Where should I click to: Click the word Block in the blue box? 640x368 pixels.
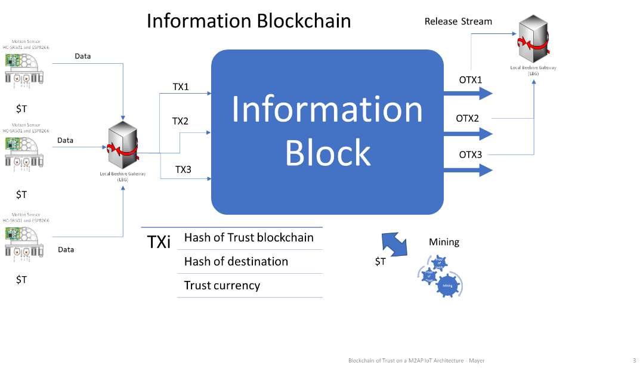[327, 152]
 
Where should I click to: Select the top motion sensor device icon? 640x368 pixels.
[24, 68]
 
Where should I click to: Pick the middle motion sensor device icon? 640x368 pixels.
[24, 150]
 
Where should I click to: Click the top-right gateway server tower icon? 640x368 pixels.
[533, 41]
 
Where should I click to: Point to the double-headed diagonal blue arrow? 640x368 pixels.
[394, 245]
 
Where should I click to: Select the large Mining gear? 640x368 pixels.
[449, 286]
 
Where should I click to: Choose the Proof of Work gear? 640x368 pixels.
[439, 262]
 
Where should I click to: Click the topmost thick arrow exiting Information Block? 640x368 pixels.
[469, 93]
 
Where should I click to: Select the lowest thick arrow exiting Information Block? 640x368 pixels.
[469, 171]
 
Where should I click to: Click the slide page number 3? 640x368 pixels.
[634, 360]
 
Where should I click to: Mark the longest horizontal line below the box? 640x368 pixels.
[231, 227]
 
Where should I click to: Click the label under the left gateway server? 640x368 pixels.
[122, 176]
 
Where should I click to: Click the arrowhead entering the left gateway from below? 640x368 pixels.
[123, 187]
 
